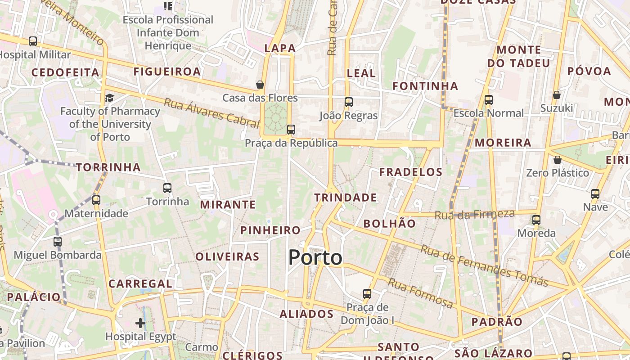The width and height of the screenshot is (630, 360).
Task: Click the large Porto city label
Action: pos(315,257)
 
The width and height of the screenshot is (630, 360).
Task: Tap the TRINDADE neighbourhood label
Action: pos(346,198)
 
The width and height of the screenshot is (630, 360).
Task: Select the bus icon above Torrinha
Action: pos(167,188)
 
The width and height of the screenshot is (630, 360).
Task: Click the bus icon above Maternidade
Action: pos(96,200)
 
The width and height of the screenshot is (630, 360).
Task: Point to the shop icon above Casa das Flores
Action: pos(260,85)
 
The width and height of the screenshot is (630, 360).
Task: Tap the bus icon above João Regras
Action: pos(349,102)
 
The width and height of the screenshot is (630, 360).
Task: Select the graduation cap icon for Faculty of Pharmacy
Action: pos(109,98)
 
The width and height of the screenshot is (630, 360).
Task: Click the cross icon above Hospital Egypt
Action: pos(140,323)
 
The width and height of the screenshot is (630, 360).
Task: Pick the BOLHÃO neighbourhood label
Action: pos(390,223)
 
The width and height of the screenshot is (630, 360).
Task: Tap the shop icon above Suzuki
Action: pos(557,95)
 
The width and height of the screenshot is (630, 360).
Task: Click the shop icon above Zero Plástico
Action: pos(558,160)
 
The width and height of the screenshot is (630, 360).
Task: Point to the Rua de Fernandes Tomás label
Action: pos(484,266)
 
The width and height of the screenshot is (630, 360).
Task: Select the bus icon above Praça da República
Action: pos(291,130)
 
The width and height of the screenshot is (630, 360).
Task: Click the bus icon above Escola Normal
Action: pos(489,100)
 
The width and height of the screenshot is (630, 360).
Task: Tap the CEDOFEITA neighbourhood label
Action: pos(65,72)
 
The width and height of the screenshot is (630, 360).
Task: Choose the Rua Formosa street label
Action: pos(420,293)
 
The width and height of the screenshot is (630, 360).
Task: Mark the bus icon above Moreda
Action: pos(536,220)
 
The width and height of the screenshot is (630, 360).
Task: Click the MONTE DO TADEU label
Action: pos(519,56)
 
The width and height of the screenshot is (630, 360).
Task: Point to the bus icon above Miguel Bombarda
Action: pos(58,242)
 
